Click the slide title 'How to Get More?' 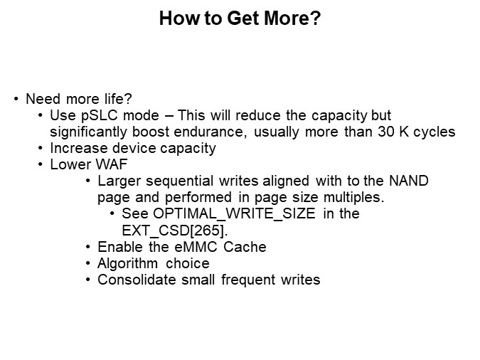tap(240, 19)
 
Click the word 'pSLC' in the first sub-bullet tap(95, 115)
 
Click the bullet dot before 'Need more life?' tap(16, 99)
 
